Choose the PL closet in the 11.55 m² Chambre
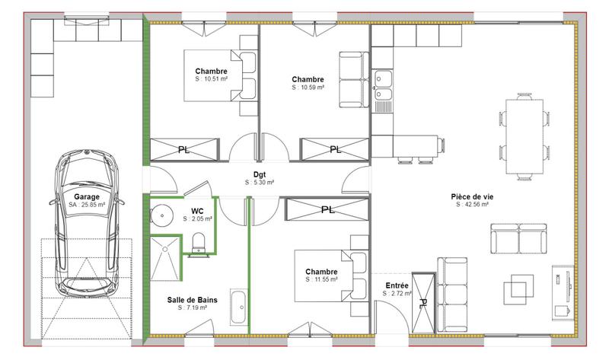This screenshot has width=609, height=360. point(327,209)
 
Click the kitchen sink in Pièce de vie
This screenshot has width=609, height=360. point(382,86)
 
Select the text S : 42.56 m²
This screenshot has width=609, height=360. point(473,204)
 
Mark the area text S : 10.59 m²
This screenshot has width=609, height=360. point(308,88)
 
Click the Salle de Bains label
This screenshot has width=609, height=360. point(193,300)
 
